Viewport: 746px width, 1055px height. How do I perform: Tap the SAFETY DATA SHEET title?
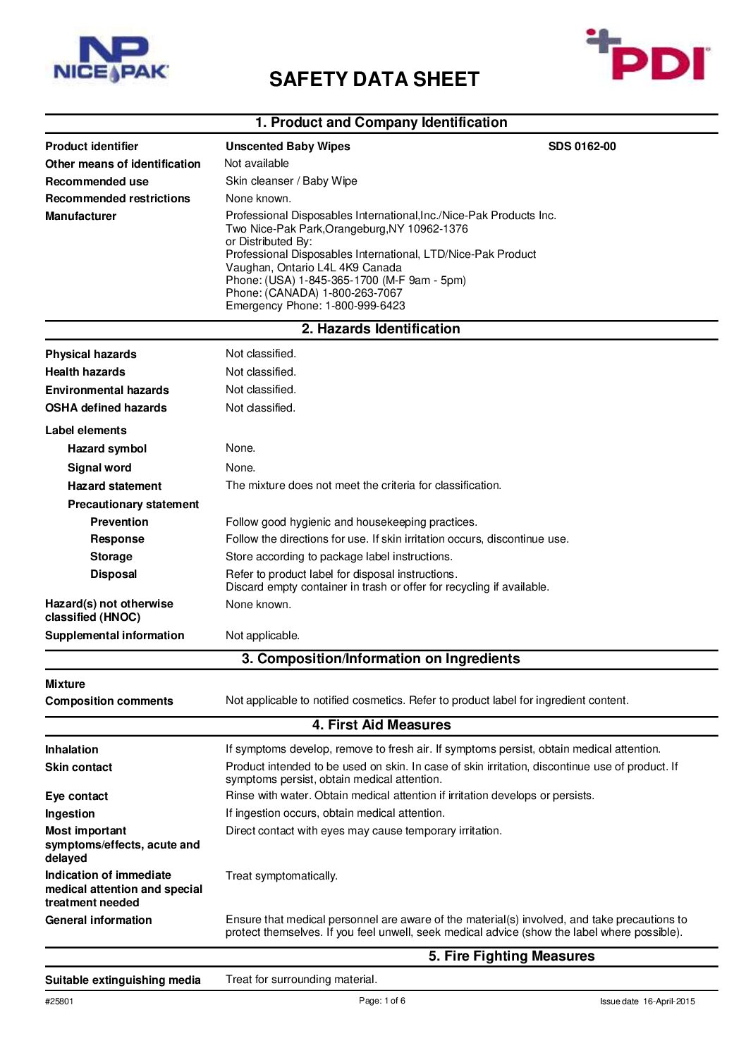pyautogui.click(x=374, y=79)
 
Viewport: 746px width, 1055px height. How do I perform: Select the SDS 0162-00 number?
pyautogui.click(x=582, y=147)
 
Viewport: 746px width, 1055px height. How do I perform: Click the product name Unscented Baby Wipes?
pyautogui.click(x=288, y=147)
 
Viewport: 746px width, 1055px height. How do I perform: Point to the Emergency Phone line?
pyautogui.click(x=315, y=306)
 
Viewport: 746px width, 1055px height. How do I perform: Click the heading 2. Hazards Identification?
pyautogui.click(x=381, y=329)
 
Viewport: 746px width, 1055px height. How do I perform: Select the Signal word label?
pyautogui.click(x=99, y=468)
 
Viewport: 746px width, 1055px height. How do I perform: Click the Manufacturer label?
pyautogui.click(x=80, y=216)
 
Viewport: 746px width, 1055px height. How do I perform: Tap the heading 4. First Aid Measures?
pyautogui.click(x=381, y=725)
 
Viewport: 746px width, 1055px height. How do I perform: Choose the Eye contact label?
pyautogui.click(x=76, y=796)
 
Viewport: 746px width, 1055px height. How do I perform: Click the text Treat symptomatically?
pyautogui.click(x=281, y=876)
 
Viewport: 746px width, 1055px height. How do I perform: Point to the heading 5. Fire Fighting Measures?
pyautogui.click(x=511, y=956)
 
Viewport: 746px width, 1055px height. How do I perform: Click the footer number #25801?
pyautogui.click(x=59, y=1001)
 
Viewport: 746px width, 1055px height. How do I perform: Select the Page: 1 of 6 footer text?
pyautogui.click(x=381, y=1001)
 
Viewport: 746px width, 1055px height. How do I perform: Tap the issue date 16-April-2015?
pyautogui.click(x=668, y=1001)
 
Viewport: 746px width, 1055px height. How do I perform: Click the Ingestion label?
pyautogui.click(x=70, y=814)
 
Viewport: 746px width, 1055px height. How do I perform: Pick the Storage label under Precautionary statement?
pyautogui.click(x=111, y=557)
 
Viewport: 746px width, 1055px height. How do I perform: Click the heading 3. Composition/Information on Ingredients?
pyautogui.click(x=381, y=659)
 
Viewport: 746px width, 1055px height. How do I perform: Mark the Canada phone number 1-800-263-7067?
pyautogui.click(x=362, y=293)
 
